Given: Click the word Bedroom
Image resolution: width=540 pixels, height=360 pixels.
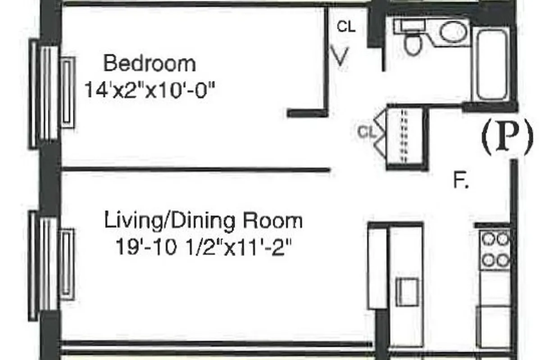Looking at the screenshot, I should click(x=150, y=63).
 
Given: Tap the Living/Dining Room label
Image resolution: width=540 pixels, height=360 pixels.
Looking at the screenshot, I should click(x=203, y=221).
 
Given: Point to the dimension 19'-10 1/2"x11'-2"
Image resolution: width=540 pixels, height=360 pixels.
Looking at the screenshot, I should click(x=201, y=247).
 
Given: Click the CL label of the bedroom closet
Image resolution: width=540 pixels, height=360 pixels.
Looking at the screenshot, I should click(x=346, y=27).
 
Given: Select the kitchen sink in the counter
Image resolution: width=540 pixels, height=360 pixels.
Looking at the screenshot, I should click(x=407, y=292).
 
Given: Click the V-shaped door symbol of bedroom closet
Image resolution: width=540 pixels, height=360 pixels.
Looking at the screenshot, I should click(x=341, y=56).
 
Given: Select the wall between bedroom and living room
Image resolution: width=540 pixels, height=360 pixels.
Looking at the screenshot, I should click(x=196, y=170).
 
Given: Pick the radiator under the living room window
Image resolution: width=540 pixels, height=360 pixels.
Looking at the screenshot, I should click(x=67, y=263).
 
